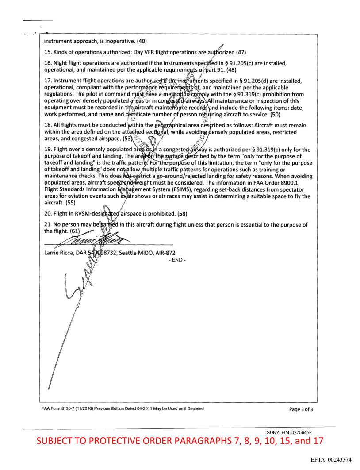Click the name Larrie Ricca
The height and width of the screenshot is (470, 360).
[x=60, y=253]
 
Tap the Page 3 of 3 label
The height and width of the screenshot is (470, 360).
[x=301, y=409]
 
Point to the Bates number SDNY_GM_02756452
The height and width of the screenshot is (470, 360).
[x=290, y=431]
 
